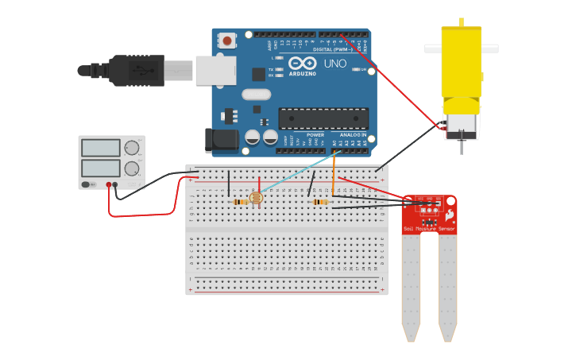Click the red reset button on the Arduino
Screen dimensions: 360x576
tap(228, 40)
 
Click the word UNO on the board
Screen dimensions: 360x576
tap(335, 63)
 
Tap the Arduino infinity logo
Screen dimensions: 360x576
tap(303, 63)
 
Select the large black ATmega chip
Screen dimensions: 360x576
tap(323, 118)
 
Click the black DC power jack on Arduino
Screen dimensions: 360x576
tap(221, 140)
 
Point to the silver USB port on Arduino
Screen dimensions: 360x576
tap(215, 70)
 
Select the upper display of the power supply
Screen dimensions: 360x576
tap(101, 148)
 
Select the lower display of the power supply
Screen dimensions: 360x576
tap(101, 168)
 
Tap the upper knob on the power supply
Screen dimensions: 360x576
tap(132, 148)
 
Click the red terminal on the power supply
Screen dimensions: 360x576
tap(109, 184)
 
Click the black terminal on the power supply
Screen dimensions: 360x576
tap(116, 184)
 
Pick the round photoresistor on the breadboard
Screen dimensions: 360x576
tap(256, 198)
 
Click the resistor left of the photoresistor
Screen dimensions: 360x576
tap(240, 202)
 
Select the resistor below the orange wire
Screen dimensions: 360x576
tap(320, 202)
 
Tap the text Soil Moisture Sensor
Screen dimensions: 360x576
tap(430, 229)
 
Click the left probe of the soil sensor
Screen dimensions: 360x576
tap(411, 286)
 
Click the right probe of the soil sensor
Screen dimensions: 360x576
tap(448, 286)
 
